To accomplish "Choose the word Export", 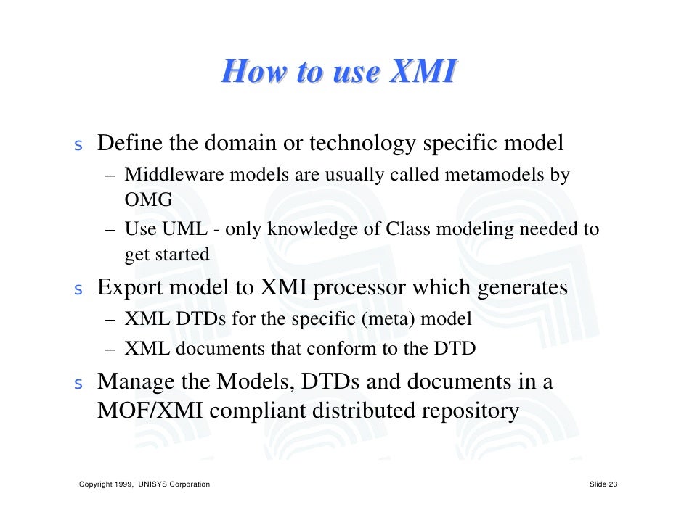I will (x=131, y=288).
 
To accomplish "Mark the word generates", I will (x=522, y=288).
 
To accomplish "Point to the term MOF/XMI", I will (x=153, y=411).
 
